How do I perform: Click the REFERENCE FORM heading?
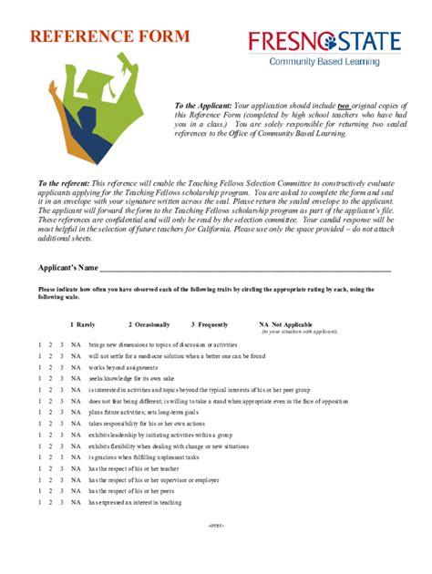109,36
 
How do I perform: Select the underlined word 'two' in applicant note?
344,106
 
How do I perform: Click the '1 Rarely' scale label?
82,324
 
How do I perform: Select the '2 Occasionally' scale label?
149,324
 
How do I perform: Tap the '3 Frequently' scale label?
209,324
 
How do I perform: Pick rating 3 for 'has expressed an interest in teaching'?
61,502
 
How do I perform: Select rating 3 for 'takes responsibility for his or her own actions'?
61,424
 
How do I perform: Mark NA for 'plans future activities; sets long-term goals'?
76,412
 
